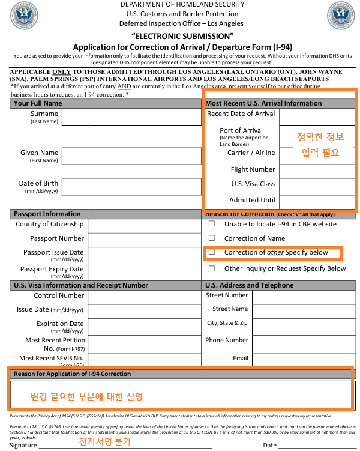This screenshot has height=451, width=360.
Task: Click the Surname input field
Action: pyautogui.click(x=131, y=117)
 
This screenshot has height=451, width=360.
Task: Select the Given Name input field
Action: pyautogui.click(x=131, y=156)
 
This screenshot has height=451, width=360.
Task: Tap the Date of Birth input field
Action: pyautogui.click(x=131, y=187)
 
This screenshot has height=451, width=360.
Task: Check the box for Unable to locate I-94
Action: pyautogui.click(x=211, y=224)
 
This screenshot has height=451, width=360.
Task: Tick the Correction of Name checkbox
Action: pyautogui.click(x=211, y=238)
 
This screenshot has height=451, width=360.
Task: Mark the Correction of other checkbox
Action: pyautogui.click(x=211, y=253)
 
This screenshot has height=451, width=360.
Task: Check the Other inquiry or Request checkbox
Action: pyautogui.click(x=211, y=269)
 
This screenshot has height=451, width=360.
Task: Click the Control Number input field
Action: pyautogui.click(x=144, y=297)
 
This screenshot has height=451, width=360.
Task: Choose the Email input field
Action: pyautogui.click(x=303, y=359)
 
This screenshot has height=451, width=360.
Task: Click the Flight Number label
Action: pyautogui.click(x=253, y=169)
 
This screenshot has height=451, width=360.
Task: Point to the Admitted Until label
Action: pyautogui.click(x=252, y=200)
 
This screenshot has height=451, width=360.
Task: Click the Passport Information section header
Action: pyautogui.click(x=47, y=214)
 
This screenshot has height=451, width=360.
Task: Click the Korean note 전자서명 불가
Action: pyautogui.click(x=105, y=441)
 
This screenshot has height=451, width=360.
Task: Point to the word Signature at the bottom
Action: pyautogui.click(x=23, y=445)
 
